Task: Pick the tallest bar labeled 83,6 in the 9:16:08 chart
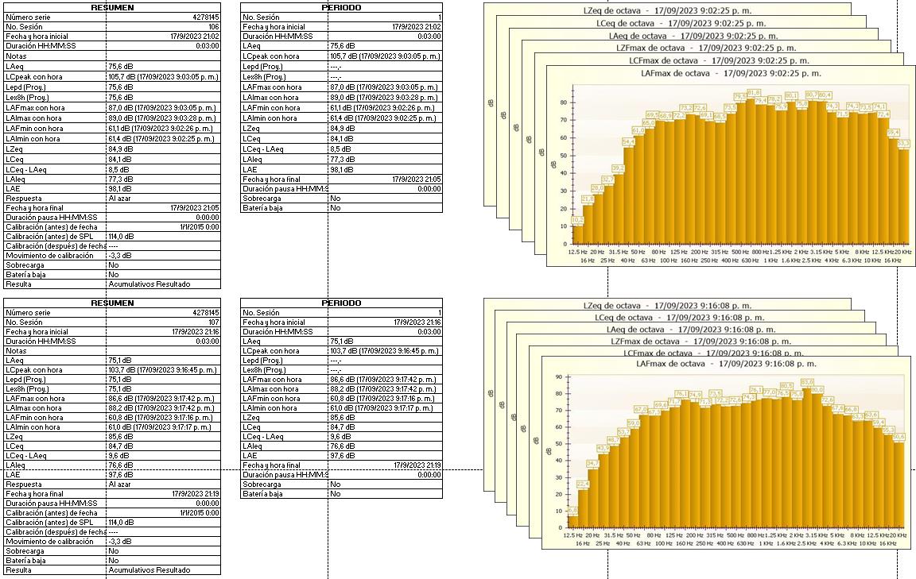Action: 807,457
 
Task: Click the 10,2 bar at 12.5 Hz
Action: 577,234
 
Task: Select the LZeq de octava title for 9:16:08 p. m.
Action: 667,305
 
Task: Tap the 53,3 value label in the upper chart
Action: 903,143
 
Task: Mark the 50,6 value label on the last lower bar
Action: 899,436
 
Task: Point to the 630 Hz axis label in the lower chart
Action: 745,543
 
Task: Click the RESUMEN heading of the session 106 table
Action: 112,7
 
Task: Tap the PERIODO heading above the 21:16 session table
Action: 341,303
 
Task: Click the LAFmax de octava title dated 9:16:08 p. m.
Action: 726,364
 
